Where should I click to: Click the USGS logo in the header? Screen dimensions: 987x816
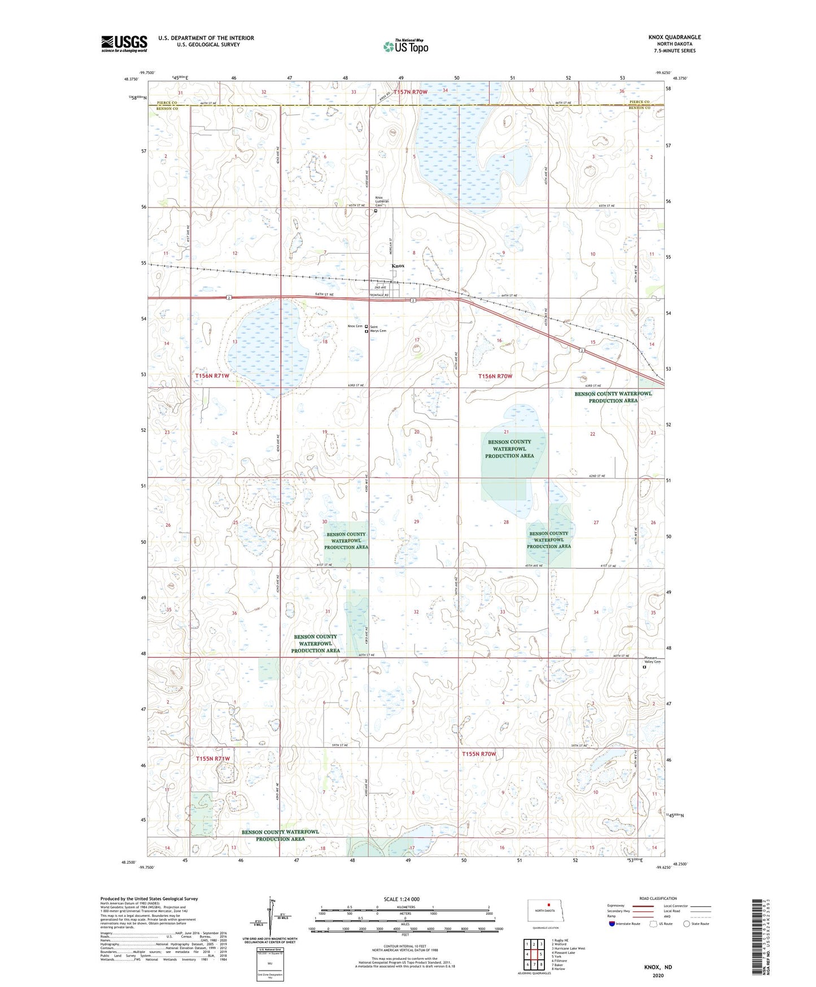[124, 44]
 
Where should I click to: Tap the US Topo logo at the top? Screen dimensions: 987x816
[405, 46]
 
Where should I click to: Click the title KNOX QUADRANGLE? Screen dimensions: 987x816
[674, 37]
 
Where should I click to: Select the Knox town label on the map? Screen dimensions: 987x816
[398, 266]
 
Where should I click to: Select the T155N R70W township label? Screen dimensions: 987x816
[479, 754]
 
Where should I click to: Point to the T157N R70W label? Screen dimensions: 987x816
[411, 92]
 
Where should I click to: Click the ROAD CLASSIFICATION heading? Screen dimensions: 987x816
[658, 898]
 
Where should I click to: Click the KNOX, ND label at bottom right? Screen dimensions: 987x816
[658, 967]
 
